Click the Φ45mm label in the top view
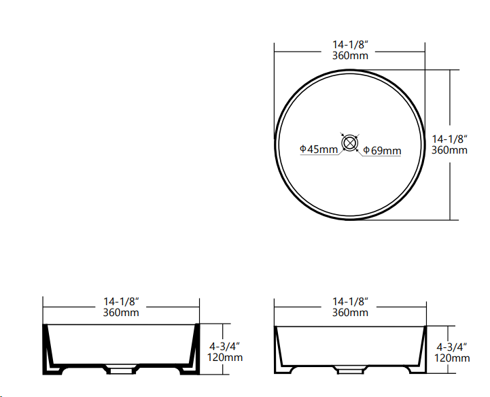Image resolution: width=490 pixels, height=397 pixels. point(319,150)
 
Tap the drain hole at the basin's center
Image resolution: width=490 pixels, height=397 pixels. point(350,143)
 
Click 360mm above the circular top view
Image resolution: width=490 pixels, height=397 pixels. point(350,55)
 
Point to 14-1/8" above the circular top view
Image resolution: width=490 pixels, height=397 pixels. point(350,44)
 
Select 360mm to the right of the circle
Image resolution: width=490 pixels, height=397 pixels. point(449,150)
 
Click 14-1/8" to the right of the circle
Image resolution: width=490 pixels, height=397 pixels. point(449,139)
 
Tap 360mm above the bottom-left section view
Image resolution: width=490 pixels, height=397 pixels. point(121,312)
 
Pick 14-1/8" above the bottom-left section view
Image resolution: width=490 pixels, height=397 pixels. point(121,301)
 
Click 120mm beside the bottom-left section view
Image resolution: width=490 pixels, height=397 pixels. point(225,358)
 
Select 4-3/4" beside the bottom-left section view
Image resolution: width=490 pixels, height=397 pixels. point(225,346)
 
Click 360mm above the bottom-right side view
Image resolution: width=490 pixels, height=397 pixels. point(350,312)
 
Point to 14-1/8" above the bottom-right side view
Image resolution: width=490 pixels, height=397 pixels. point(350,301)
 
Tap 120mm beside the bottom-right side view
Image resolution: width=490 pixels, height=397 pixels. point(452,358)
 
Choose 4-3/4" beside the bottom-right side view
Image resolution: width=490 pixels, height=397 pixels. point(452,346)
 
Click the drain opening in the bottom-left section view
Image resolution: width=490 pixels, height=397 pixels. point(122,371)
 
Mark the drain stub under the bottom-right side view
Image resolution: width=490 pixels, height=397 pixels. point(349,370)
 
